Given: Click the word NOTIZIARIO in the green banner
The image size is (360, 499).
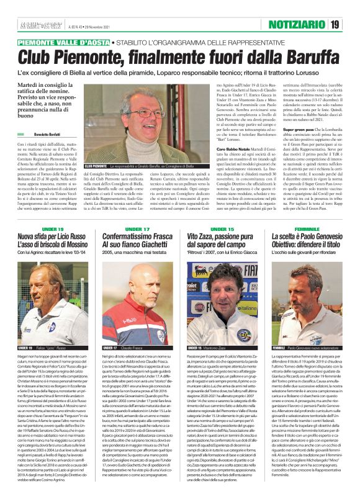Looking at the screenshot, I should point(294,24).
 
